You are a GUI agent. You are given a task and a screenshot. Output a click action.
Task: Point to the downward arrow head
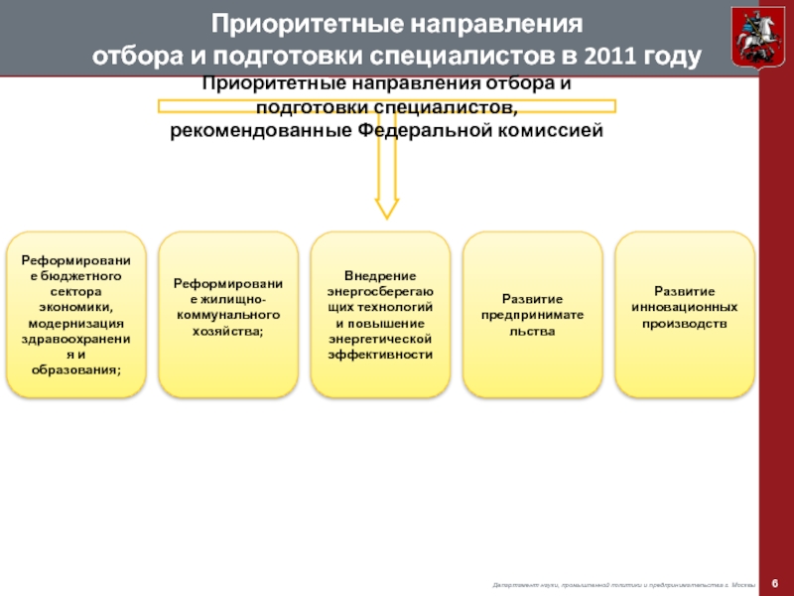386,207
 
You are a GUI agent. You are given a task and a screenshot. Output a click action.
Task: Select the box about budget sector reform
76,314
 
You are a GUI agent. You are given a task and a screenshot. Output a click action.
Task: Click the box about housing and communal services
228,314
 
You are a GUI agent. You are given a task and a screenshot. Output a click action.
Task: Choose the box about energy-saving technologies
380,314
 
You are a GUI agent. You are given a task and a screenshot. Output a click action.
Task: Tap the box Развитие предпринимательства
533,314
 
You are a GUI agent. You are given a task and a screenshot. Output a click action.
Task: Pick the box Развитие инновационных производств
685,314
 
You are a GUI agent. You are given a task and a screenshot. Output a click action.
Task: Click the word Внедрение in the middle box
380,274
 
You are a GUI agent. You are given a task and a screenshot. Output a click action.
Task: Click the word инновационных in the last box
685,307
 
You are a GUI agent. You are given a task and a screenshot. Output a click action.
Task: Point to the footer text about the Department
625,584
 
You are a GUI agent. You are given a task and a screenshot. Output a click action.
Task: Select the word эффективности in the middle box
380,354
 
